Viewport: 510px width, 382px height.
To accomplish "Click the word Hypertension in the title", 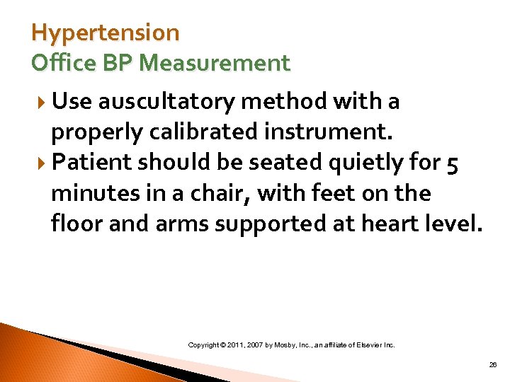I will (x=106, y=33).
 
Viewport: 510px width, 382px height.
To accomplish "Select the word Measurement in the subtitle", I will (x=215, y=63).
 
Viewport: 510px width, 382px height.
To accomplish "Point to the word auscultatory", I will (x=168, y=103).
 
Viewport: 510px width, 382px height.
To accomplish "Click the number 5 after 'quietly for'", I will (x=453, y=163).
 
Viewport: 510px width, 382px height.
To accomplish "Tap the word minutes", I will (x=96, y=192).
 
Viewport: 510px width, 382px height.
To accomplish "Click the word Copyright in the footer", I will (x=206, y=345).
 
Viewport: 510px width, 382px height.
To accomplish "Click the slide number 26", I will (x=493, y=365).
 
